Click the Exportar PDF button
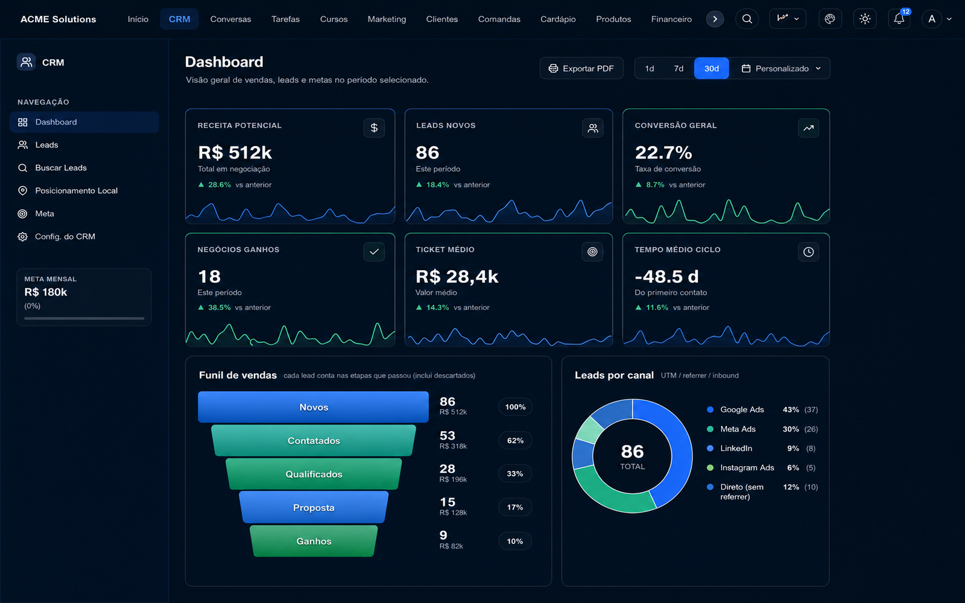click(x=581, y=69)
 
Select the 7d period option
click(x=679, y=69)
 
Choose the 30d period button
click(x=711, y=69)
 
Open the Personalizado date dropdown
click(x=781, y=69)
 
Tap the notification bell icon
click(x=899, y=19)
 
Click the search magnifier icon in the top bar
click(x=747, y=19)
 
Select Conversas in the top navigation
click(x=230, y=19)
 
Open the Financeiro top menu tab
click(x=671, y=19)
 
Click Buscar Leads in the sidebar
click(x=61, y=168)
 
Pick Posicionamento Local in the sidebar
click(x=76, y=191)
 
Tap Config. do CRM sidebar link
click(x=65, y=236)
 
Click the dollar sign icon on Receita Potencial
click(x=374, y=128)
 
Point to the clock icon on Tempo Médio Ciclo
click(x=808, y=252)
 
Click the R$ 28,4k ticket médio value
click(x=457, y=277)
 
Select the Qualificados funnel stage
click(x=314, y=474)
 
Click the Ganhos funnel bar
click(x=314, y=541)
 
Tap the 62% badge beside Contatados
click(x=515, y=441)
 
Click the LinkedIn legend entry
click(x=736, y=449)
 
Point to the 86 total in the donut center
click(x=633, y=452)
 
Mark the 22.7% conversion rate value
click(x=663, y=153)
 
